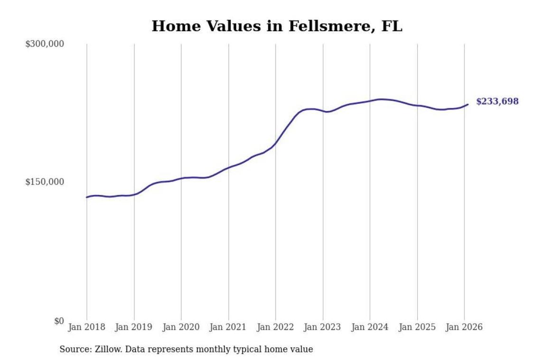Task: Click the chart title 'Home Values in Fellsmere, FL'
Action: (277, 26)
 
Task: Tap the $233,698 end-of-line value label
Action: (497, 102)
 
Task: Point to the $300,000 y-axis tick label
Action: (45, 44)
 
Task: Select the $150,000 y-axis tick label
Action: (45, 182)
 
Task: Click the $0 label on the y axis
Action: (58, 321)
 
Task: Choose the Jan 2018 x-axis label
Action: (87, 327)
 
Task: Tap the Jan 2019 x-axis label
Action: (134, 327)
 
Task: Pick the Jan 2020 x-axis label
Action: (181, 327)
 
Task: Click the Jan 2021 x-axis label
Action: (229, 327)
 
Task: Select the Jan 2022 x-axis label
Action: (276, 327)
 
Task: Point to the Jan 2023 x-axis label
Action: (323, 327)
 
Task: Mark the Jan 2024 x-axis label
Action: (370, 327)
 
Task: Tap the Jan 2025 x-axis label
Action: (418, 327)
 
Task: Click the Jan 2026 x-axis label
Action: (465, 327)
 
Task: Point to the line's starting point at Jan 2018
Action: (87, 197)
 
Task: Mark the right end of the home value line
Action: (468, 104)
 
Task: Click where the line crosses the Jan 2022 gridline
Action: (276, 143)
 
